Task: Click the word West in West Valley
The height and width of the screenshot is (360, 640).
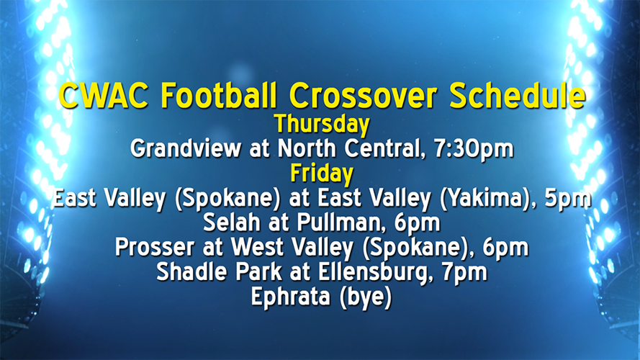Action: click(262, 248)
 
